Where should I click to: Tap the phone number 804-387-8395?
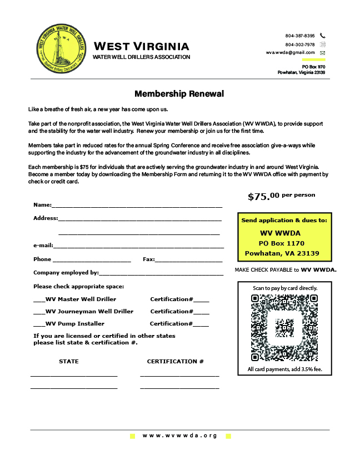coord(300,36)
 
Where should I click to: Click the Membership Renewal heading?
coord(179,94)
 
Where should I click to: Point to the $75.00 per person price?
coord(281,196)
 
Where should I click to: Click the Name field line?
coord(137,206)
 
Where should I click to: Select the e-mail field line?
coord(138,246)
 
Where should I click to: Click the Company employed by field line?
coord(161,273)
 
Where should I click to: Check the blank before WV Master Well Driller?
coord(39,300)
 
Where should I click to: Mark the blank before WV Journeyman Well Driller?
coord(39,312)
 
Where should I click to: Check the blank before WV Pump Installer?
coord(39,324)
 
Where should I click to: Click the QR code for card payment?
coord(284,328)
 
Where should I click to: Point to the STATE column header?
coord(69,362)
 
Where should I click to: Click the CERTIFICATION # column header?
coord(175,362)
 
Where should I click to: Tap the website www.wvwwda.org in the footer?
coord(180,436)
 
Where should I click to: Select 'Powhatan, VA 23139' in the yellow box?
coord(282,254)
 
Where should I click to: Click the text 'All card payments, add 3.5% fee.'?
coord(284,369)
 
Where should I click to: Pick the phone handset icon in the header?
coord(323,36)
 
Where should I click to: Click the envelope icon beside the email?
coord(323,53)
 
